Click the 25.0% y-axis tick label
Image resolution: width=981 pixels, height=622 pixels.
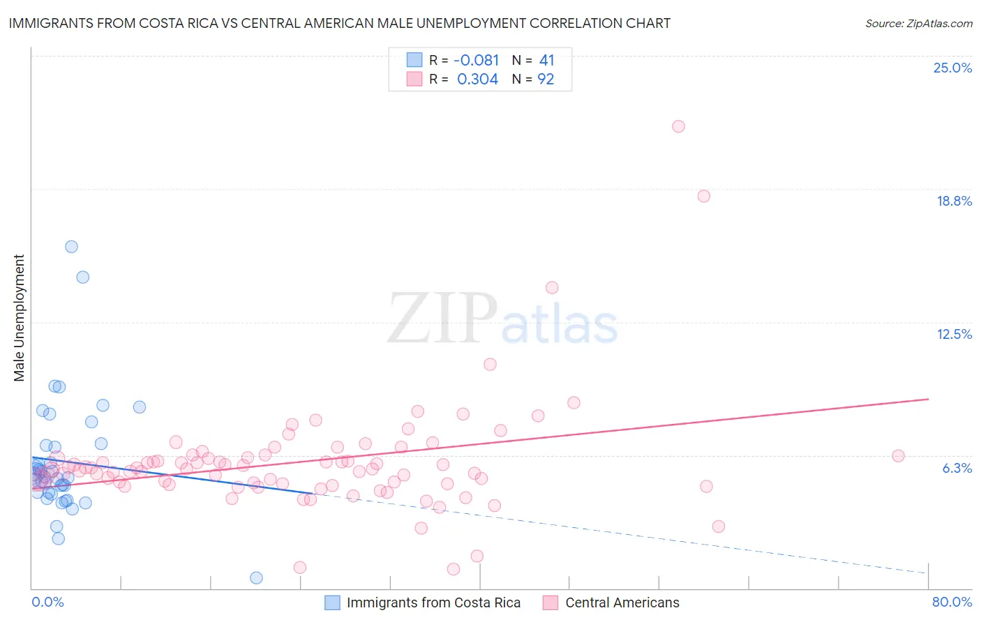pyautogui.click(x=952, y=68)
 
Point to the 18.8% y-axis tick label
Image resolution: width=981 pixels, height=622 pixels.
pyautogui.click(x=954, y=202)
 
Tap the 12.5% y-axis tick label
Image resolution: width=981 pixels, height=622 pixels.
pyautogui.click(x=954, y=335)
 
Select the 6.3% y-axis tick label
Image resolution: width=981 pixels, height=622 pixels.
pyautogui.click(x=957, y=469)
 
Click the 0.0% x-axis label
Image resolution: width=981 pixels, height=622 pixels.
pyautogui.click(x=47, y=602)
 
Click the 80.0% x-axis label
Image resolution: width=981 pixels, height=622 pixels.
pyautogui.click(x=952, y=602)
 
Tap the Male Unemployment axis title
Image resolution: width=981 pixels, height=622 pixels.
pyautogui.click(x=20, y=318)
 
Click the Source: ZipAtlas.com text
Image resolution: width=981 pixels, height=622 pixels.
pyautogui.click(x=918, y=24)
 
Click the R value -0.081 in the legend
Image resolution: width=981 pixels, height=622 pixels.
pyautogui.click(x=476, y=61)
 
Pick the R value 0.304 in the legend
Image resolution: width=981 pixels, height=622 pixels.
pyautogui.click(x=477, y=79)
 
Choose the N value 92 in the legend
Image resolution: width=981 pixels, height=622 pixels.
pyautogui.click(x=546, y=79)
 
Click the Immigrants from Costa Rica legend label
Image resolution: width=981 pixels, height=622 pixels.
pyautogui.click(x=433, y=603)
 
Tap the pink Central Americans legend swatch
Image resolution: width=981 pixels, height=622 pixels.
pyautogui.click(x=551, y=603)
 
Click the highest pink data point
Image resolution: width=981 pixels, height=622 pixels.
pyautogui.click(x=678, y=126)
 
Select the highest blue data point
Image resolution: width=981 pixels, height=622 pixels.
pyautogui.click(x=71, y=247)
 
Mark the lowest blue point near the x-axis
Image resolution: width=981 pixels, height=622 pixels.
pyautogui.click(x=256, y=578)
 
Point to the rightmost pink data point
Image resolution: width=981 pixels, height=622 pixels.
pyautogui.click(x=898, y=456)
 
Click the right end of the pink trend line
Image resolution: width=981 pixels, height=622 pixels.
pyautogui.click(x=928, y=399)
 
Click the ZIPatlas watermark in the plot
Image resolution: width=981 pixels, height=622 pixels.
pyautogui.click(x=502, y=319)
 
